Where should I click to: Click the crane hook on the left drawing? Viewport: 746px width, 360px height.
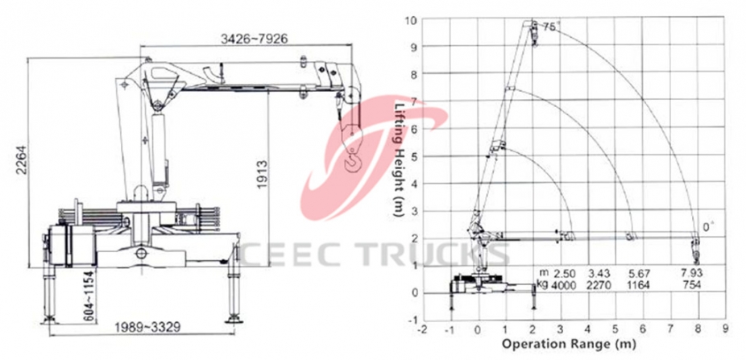(x=352, y=161)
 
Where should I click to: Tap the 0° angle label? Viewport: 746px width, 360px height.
(x=709, y=228)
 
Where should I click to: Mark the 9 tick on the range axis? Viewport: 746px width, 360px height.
(x=726, y=328)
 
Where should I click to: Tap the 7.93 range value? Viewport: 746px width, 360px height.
(x=691, y=273)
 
